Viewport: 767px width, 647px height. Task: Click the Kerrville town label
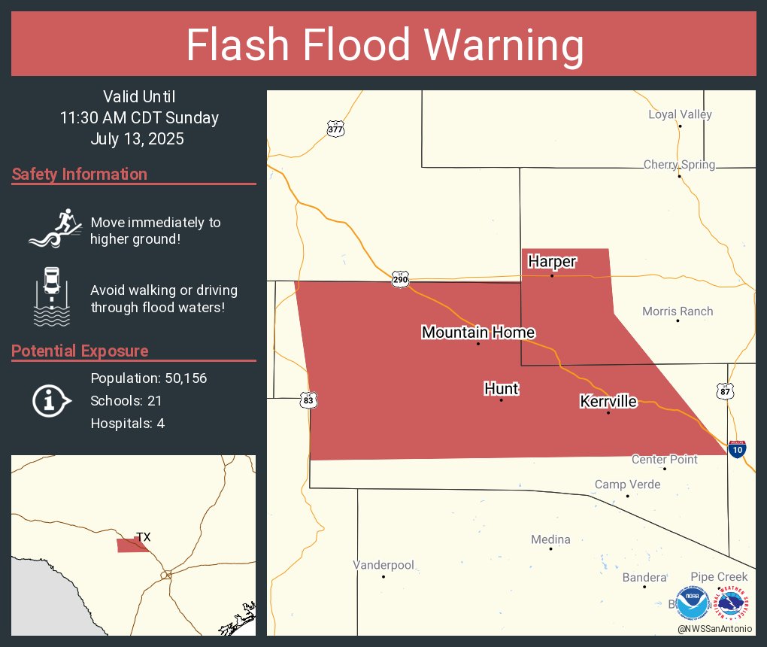tap(608, 402)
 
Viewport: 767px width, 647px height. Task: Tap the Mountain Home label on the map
tap(478, 333)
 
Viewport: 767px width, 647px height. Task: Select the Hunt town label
tap(502, 388)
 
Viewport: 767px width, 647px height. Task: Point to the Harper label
tap(552, 262)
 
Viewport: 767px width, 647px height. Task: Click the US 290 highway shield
tap(401, 280)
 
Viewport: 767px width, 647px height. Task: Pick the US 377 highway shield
tap(335, 129)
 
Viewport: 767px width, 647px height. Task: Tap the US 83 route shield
tap(308, 400)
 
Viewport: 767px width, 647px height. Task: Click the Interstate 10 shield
tap(738, 449)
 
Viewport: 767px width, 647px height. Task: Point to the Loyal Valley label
tap(680, 115)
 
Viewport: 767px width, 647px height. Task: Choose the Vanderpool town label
tap(383, 565)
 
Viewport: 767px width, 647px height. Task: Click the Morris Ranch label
tap(678, 311)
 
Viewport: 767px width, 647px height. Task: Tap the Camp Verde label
tap(627, 484)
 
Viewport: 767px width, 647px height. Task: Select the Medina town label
tap(550, 539)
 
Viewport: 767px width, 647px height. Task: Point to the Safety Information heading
tap(80, 175)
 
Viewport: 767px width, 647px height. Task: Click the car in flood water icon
tap(52, 296)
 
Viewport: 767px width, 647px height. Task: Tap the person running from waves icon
tap(55, 229)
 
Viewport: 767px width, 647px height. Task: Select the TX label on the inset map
tap(143, 537)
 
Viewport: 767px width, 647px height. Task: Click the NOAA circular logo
tap(693, 603)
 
